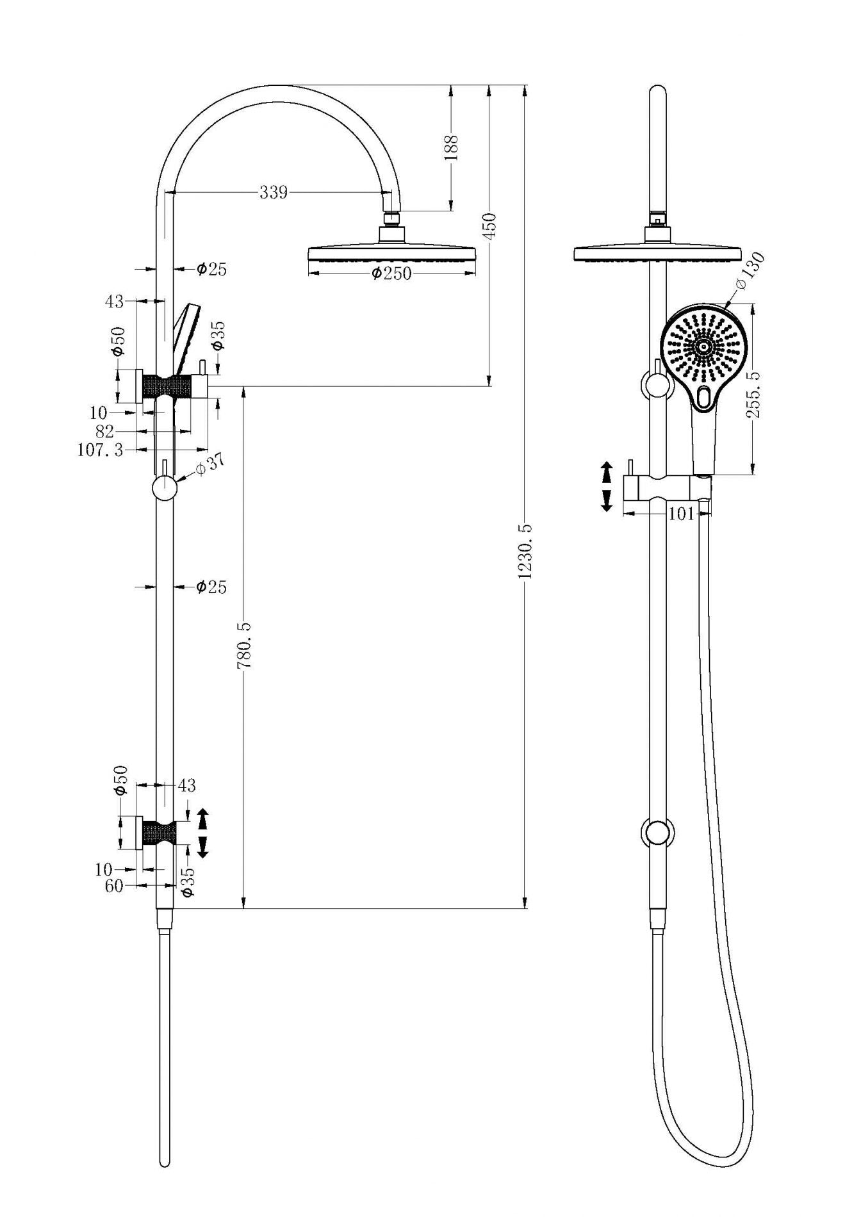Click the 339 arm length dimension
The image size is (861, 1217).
click(x=274, y=192)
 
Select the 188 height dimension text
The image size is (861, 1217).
click(x=453, y=147)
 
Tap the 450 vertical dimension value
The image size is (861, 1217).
click(x=491, y=226)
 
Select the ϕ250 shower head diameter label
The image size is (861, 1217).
click(x=391, y=274)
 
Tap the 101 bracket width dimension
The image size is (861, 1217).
click(x=682, y=514)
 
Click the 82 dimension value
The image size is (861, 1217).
click(x=104, y=432)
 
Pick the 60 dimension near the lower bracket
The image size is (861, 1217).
click(x=113, y=886)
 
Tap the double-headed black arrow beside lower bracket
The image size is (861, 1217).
click(x=202, y=833)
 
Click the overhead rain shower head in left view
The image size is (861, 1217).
click(x=392, y=253)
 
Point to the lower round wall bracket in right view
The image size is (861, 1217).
click(x=657, y=833)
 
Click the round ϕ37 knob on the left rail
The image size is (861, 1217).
click(x=165, y=489)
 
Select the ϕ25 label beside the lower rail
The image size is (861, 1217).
click(x=211, y=586)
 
